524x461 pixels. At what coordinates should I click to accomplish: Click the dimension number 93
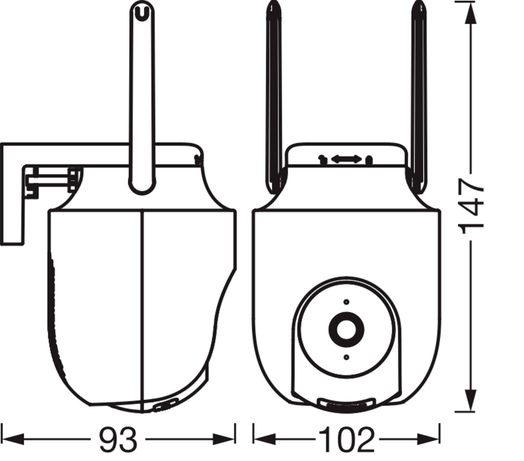coord(118,439)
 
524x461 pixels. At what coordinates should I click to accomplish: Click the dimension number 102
coord(346,439)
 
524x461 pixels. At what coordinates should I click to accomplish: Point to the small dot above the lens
coord(346,302)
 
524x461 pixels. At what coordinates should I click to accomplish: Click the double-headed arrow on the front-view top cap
coord(346,159)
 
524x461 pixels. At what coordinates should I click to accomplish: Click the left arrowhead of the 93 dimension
coord(13,439)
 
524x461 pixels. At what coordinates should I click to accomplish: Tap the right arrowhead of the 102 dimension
coord(428,439)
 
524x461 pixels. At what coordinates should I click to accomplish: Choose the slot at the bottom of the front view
coord(346,404)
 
